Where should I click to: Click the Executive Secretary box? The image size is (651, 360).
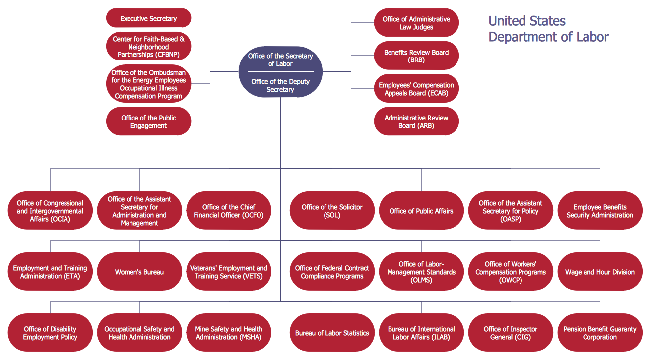coord(148,18)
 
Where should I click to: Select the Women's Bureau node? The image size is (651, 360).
coord(139,272)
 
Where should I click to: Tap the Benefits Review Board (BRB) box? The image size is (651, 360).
coord(416,56)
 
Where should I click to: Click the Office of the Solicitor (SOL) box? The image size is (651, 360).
coord(332,211)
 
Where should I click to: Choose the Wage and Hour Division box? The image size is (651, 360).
coord(599,272)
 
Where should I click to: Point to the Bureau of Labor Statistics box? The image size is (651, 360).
coord(332,333)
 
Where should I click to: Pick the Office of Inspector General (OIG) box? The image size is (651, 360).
coord(511,333)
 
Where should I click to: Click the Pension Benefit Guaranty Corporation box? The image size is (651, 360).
coord(599,333)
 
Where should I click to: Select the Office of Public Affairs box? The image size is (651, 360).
coord(421,211)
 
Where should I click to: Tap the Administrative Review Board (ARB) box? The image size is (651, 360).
coord(416,121)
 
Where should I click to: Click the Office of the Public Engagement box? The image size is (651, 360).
coord(148,121)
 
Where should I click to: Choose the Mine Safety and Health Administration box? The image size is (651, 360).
coord(229,333)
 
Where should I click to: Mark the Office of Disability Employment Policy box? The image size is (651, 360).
coord(50,333)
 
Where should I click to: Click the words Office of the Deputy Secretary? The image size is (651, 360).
coord(280,86)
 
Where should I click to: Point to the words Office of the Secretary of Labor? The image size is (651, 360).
coord(280,60)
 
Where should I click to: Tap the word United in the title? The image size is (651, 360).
coord(506,21)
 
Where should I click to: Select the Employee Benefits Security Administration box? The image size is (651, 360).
coord(599,211)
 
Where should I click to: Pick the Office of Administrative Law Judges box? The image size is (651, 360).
coord(416,23)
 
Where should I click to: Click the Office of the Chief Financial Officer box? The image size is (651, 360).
coord(229,211)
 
